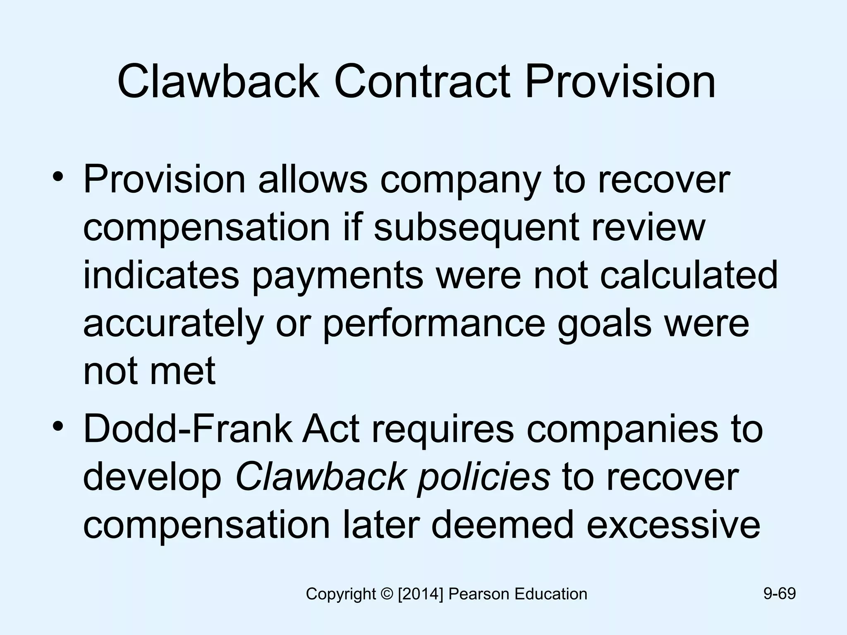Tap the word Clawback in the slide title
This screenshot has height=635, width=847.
(218, 81)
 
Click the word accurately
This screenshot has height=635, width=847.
(173, 324)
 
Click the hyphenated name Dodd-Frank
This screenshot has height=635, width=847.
(187, 429)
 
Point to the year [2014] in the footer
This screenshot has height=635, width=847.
(420, 594)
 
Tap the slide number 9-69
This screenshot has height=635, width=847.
(779, 594)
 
